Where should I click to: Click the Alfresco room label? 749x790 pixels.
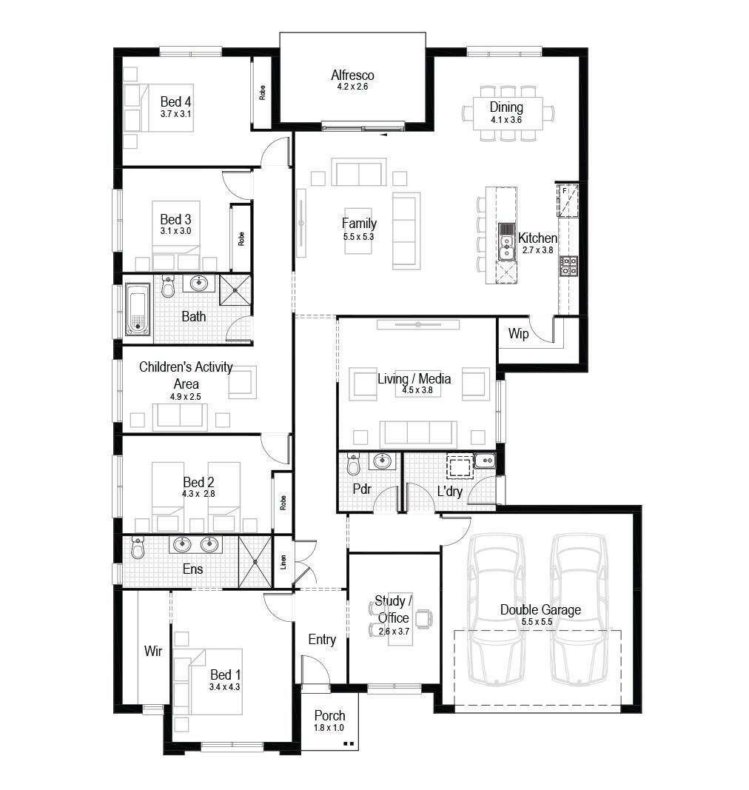(352, 75)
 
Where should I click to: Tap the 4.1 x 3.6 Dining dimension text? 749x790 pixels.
(506, 120)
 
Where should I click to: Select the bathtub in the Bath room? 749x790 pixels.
(138, 309)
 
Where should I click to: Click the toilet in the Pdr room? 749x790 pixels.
(354, 464)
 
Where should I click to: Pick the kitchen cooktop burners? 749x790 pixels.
(568, 266)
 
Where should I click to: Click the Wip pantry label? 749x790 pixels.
(518, 333)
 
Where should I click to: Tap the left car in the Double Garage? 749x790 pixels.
(496, 609)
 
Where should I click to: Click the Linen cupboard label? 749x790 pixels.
(283, 562)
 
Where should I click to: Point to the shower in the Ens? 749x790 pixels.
(255, 562)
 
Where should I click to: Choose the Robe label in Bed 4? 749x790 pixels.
(262, 93)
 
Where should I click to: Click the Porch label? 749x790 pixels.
(330, 715)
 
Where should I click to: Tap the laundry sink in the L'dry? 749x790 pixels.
(485, 461)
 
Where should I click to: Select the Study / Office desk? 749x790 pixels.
(400, 619)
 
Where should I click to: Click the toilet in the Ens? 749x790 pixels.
(138, 547)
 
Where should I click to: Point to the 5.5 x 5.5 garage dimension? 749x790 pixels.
(537, 622)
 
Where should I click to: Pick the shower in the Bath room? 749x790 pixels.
(235, 289)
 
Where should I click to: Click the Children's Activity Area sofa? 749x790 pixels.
(181, 417)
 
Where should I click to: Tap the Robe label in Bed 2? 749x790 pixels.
(283, 503)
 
